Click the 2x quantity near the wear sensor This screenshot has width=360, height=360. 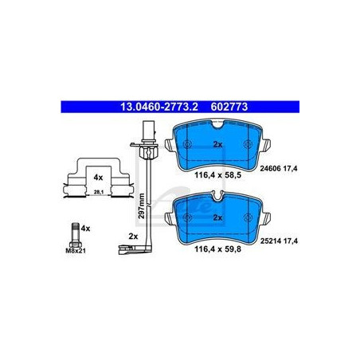pyautogui.click(x=132, y=236)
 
